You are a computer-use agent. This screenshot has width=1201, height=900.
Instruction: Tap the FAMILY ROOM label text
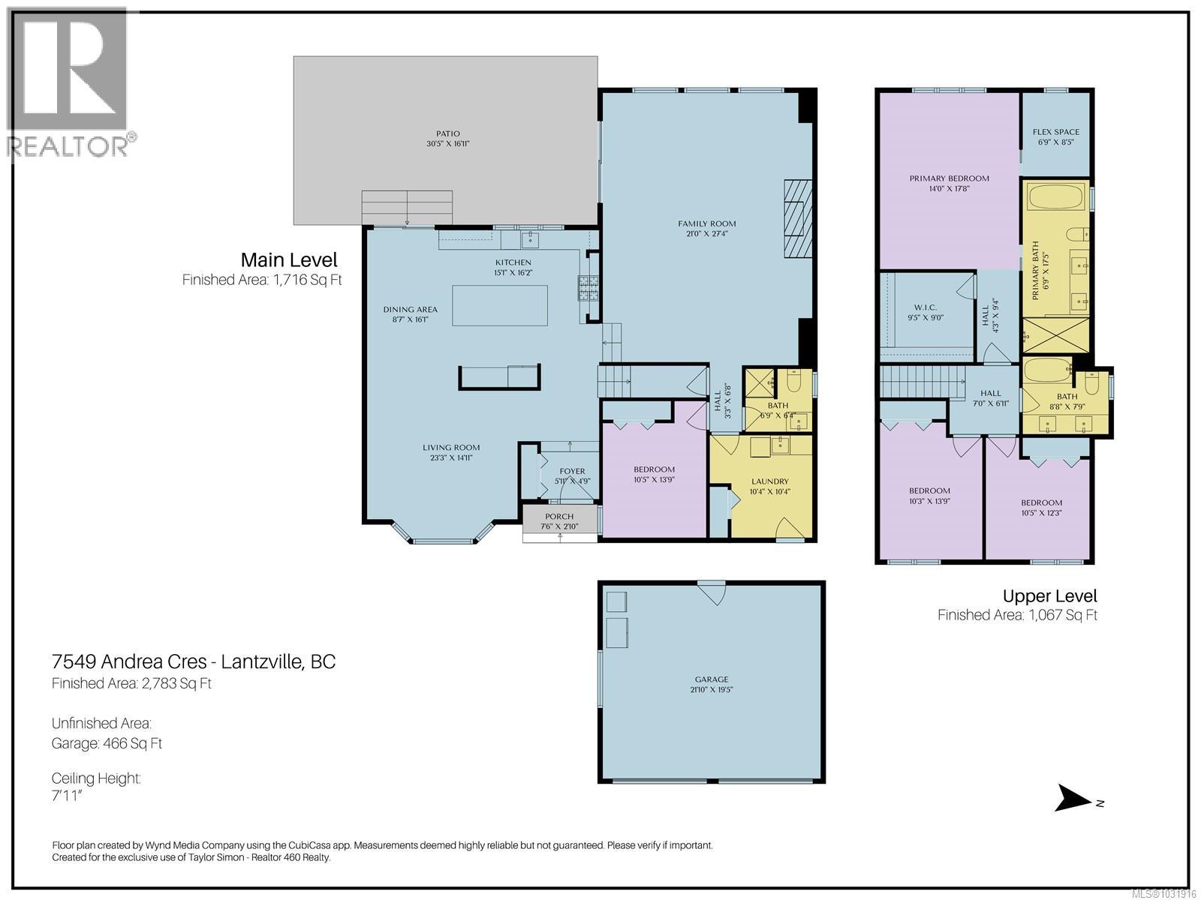706,223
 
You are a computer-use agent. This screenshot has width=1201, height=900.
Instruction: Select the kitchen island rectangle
499,305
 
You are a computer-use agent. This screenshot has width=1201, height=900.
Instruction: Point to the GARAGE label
711,679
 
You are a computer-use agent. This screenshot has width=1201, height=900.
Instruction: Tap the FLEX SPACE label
1055,132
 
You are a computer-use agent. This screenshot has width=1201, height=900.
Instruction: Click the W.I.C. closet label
925,307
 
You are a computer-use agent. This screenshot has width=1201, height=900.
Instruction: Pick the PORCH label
559,517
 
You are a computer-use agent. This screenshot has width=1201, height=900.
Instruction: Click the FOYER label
572,471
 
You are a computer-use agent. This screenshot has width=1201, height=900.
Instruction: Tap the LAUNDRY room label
769,481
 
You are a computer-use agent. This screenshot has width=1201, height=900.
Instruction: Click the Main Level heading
288,260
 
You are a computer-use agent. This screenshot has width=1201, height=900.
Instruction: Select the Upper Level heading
1049,596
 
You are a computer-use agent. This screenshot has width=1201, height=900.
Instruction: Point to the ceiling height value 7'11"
67,796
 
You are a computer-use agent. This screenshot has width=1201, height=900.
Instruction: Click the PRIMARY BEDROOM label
949,178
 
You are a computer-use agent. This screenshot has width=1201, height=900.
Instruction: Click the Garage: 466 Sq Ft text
107,743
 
